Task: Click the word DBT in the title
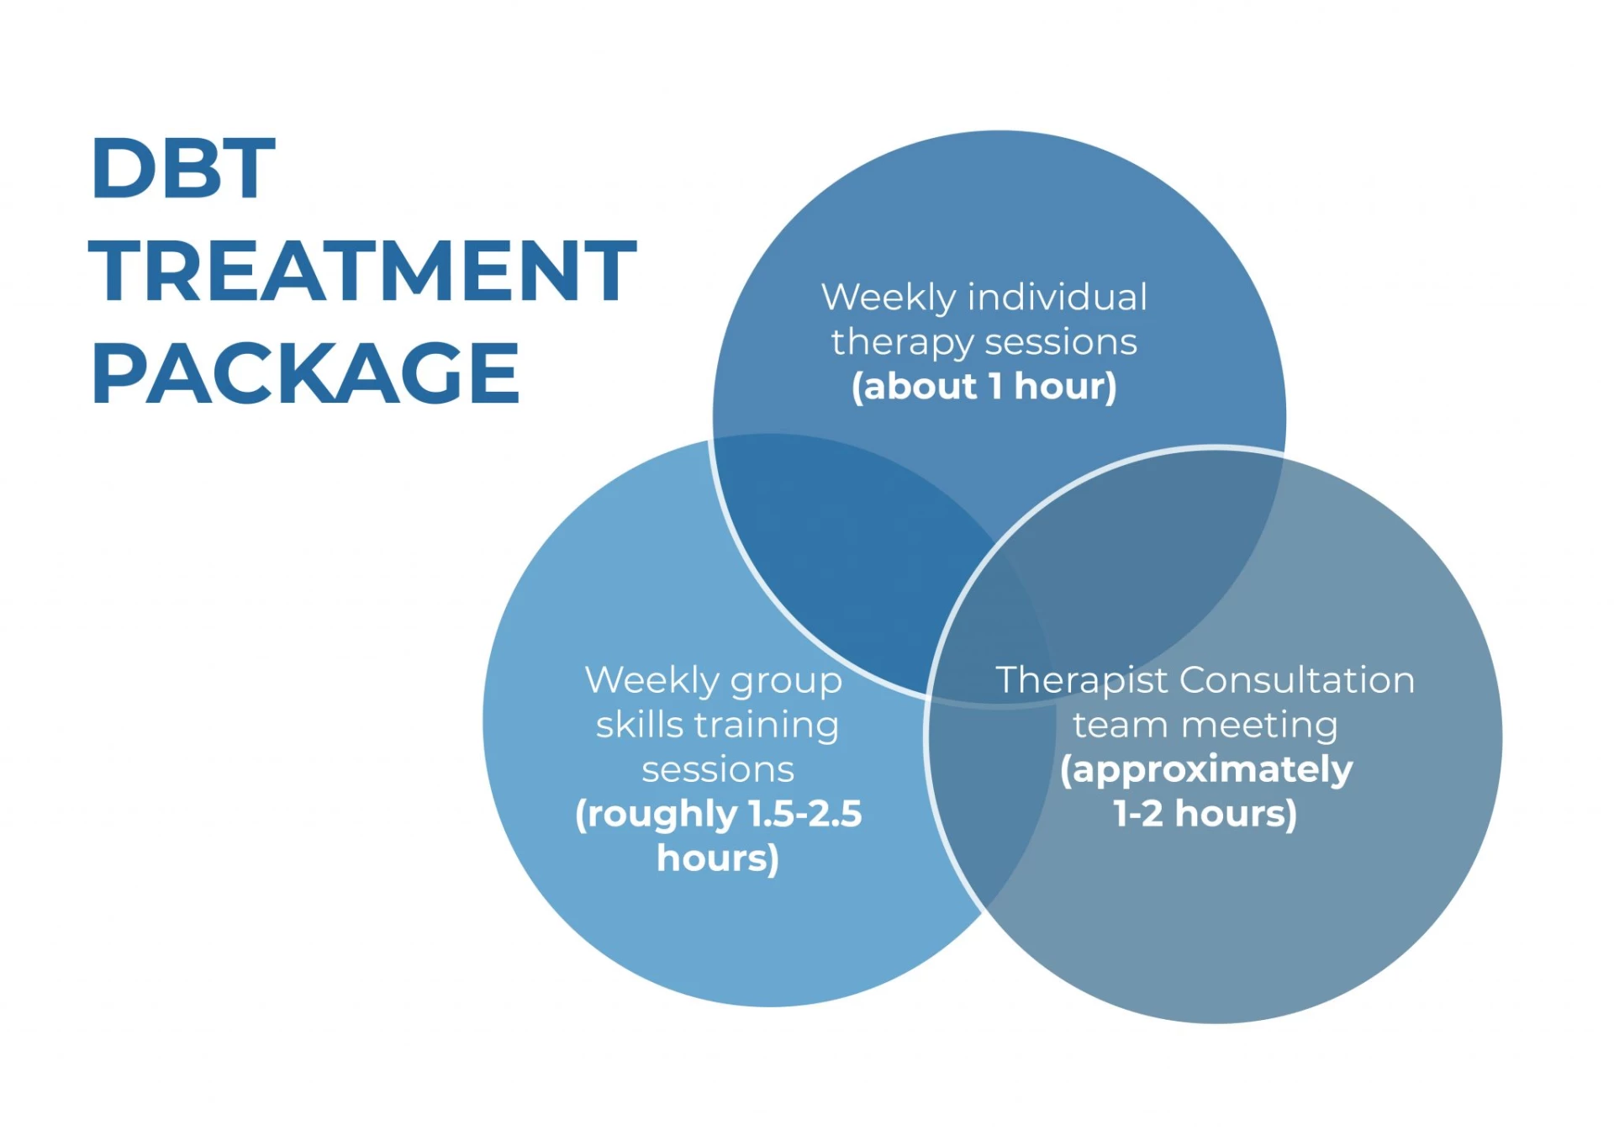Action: (x=183, y=168)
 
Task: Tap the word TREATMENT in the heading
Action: (x=362, y=271)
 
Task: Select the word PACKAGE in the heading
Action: (x=305, y=373)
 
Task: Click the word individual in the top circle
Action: (x=1058, y=297)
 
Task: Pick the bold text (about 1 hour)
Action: (x=984, y=387)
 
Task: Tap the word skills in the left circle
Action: (x=639, y=725)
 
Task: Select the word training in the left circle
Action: (x=766, y=726)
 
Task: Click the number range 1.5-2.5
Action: (x=805, y=814)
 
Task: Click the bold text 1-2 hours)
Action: (x=1205, y=814)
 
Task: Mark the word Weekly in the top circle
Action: (x=889, y=298)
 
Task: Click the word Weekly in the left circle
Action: (x=652, y=682)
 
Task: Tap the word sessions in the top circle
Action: (x=1061, y=343)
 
